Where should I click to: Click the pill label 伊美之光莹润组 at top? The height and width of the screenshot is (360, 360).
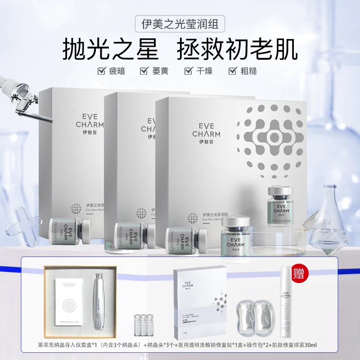180,23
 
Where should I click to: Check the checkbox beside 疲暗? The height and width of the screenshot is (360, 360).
102,71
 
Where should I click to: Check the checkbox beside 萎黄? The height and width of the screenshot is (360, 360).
144,71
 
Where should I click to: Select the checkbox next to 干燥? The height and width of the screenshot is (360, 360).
189,71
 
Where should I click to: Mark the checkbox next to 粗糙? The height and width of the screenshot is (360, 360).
233,71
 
